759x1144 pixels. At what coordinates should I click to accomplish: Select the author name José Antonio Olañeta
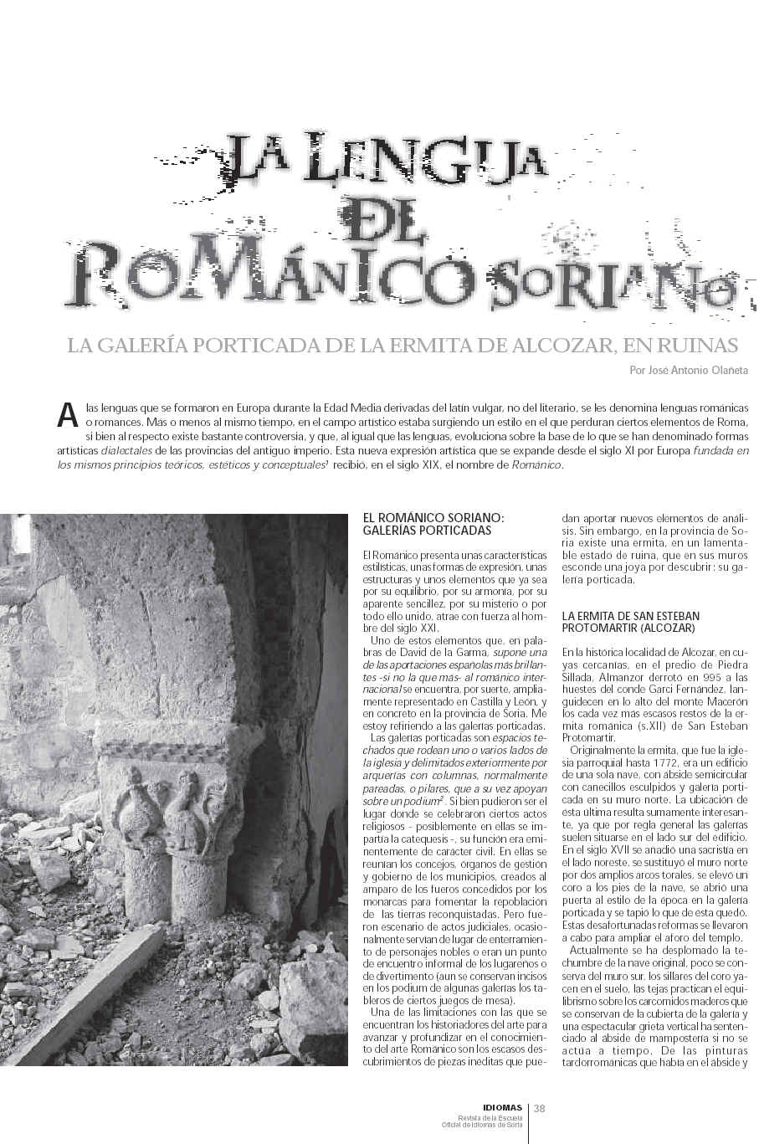point(689,369)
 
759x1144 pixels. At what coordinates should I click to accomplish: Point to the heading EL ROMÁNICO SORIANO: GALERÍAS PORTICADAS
point(434,525)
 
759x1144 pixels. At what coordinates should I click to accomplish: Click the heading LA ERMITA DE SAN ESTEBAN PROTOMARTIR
point(631,622)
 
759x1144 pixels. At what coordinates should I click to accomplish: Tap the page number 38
point(540,1109)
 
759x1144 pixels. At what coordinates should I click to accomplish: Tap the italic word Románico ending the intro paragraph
point(537,465)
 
